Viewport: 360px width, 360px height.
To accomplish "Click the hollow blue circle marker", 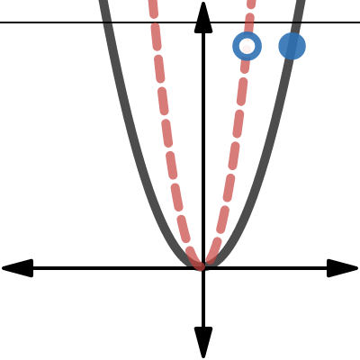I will pos(247,46).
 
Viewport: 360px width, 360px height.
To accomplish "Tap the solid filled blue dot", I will pos(292,46).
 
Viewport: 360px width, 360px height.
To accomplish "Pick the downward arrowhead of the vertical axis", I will pos(203,344).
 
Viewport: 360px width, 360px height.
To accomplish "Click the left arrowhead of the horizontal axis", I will pos(16,268).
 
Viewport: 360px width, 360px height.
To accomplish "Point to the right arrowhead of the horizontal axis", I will pos(344,268).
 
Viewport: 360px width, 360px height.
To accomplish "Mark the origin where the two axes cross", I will pos(203,268).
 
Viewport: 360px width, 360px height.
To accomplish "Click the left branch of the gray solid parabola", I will pos(135,135).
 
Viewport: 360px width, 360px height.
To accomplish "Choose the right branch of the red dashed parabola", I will pos(238,135).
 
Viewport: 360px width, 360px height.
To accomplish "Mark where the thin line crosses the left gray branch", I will pos(107,22).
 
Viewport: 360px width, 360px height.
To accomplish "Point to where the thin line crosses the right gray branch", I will pos(300,22).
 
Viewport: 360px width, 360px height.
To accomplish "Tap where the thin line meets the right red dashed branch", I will pos(250,22).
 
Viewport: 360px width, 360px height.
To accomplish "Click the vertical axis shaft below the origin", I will pos(203,306).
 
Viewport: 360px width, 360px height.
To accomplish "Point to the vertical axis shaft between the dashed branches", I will pos(203,135).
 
